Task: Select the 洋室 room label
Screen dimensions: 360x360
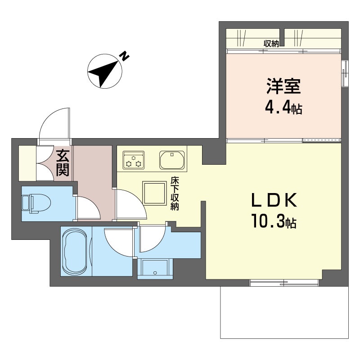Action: [283, 86]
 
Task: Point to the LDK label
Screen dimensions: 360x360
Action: [274, 200]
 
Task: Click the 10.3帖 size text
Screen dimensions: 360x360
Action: [274, 221]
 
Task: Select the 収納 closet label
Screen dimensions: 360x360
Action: [271, 43]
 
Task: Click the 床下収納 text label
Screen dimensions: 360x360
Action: [175, 193]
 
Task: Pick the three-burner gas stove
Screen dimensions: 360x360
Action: [134, 160]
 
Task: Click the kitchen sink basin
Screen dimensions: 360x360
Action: [172, 160]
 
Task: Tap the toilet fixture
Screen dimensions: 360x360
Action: [36, 203]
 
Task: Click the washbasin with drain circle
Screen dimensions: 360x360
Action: [155, 268]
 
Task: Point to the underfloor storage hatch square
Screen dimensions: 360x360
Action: [154, 193]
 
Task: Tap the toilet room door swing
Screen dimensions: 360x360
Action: [88, 207]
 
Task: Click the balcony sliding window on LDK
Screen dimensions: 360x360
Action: [284, 283]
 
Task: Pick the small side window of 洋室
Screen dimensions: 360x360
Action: [345, 73]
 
